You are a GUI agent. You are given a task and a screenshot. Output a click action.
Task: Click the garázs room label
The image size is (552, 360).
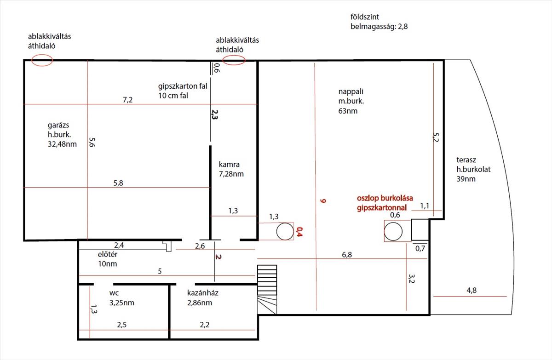(62, 134)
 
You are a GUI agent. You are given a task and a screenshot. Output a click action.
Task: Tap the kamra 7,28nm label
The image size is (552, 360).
(231, 169)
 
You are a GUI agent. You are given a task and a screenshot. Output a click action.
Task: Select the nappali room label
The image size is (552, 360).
(351, 101)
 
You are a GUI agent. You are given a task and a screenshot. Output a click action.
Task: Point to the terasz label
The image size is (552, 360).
(473, 169)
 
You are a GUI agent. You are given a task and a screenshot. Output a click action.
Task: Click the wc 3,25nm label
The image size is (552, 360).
(122, 298)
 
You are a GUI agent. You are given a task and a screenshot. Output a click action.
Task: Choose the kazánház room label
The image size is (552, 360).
(203, 298)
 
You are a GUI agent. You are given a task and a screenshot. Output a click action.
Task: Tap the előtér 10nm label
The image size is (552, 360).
(108, 259)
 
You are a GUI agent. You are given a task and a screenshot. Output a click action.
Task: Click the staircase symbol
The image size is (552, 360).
(267, 290)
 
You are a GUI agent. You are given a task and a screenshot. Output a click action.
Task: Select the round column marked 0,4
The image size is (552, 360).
(285, 231)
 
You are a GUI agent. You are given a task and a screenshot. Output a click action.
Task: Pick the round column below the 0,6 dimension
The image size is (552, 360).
(393, 231)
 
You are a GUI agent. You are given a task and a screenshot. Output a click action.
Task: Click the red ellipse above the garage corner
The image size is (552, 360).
(42, 61)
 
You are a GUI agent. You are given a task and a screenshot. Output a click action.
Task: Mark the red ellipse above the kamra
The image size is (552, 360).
(234, 60)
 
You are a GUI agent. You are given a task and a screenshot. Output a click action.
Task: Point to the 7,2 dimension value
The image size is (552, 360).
(128, 100)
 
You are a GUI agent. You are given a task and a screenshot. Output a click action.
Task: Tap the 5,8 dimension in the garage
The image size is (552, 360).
(118, 183)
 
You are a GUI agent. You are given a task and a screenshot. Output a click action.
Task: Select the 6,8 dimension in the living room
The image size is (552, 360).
(347, 255)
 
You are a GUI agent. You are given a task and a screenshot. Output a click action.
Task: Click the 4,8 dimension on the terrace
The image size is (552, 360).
(471, 290)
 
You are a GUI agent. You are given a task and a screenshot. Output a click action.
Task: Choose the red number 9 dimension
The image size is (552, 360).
(323, 201)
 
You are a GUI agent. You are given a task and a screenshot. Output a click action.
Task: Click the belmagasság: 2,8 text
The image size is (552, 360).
(379, 26)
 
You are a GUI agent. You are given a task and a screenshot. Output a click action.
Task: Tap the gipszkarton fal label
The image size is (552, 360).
(183, 86)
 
